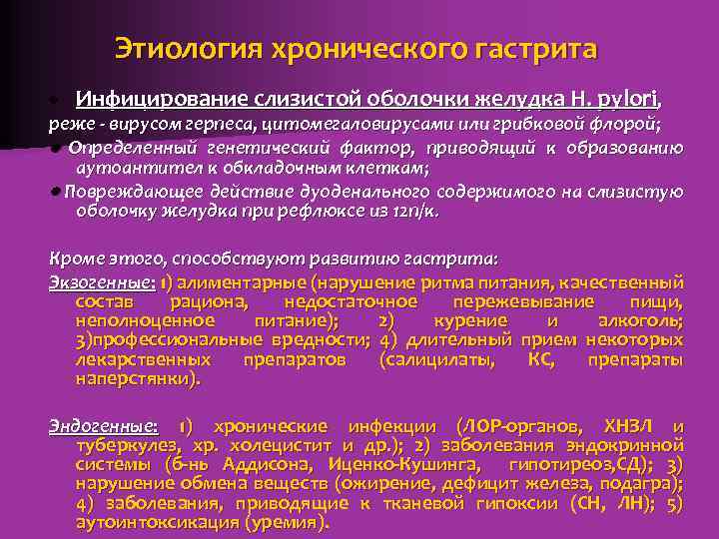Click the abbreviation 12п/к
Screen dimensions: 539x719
point(417,212)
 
